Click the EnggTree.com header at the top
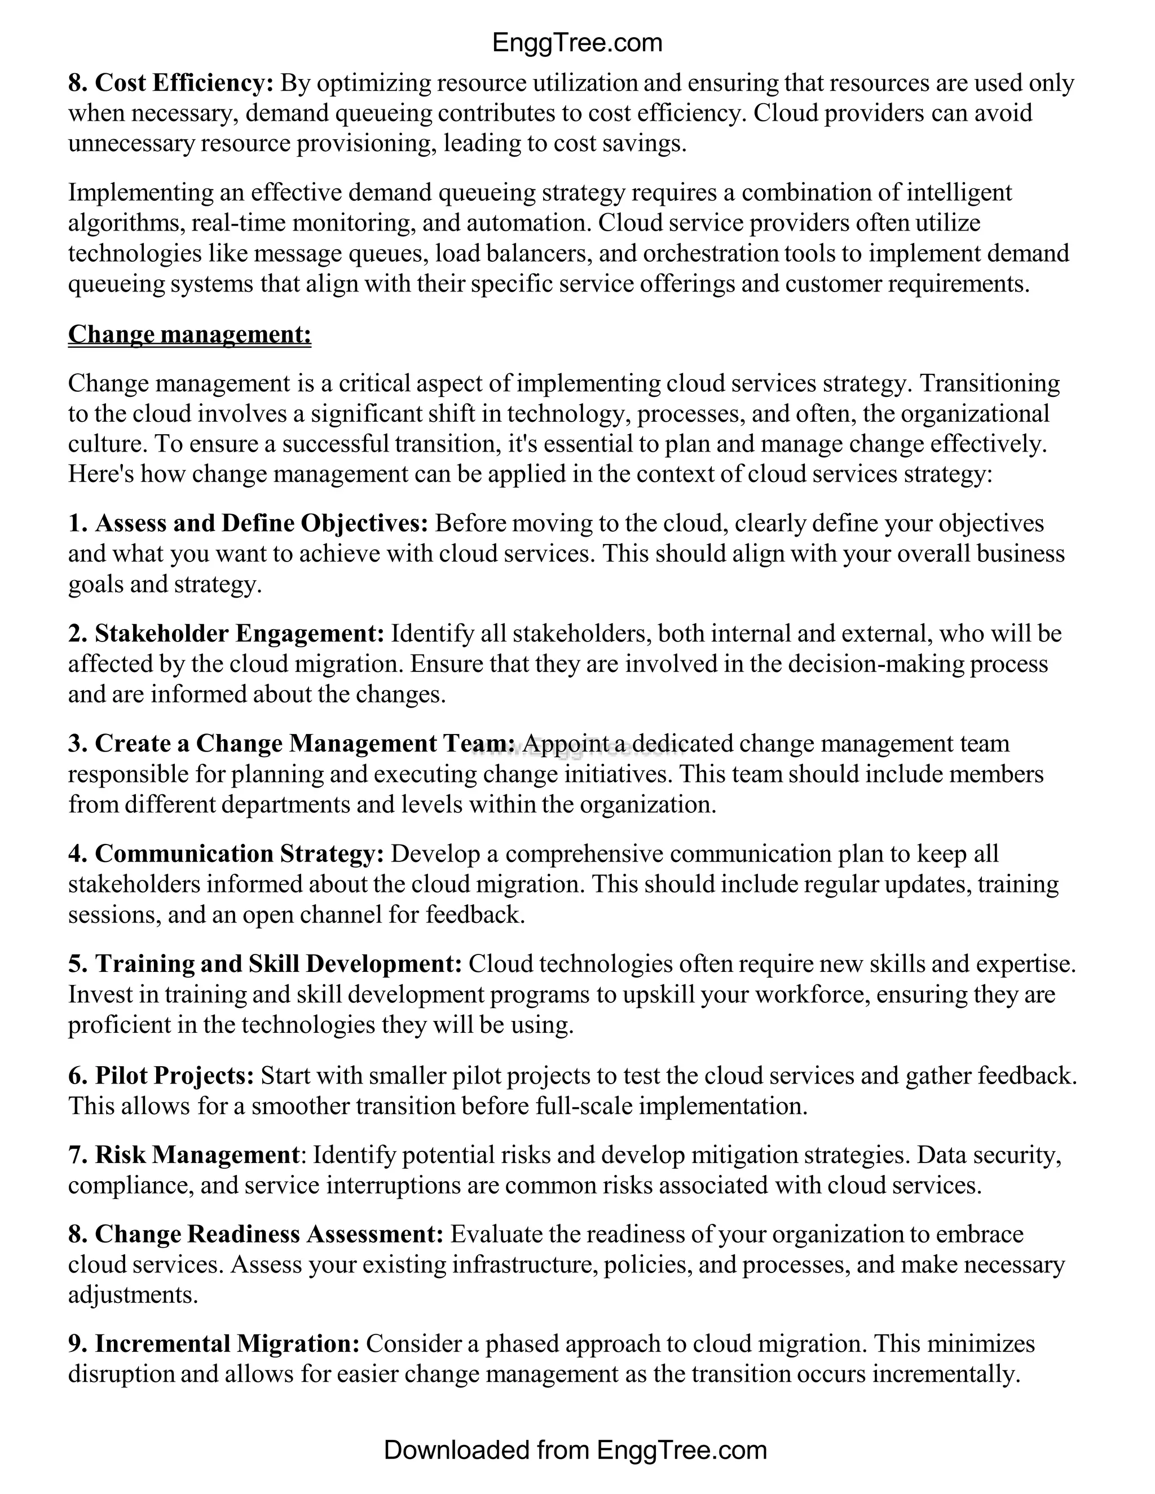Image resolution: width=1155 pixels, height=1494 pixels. coord(577,43)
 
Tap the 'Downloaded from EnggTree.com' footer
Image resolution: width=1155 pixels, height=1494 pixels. coord(575,1449)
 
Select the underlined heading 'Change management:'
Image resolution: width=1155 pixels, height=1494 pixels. coord(189,334)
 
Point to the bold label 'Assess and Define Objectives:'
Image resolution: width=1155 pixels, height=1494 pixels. coord(261,523)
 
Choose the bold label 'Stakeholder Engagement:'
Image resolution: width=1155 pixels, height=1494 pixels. coord(240,634)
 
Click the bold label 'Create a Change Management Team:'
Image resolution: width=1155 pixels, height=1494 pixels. coord(305,744)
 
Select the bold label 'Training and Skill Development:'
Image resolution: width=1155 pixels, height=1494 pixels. coord(279,964)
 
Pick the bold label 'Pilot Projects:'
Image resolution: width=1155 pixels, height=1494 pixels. coord(174,1075)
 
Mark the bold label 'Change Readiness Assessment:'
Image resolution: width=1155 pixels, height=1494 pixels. coord(270,1234)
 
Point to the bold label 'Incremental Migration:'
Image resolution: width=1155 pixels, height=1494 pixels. coord(227,1344)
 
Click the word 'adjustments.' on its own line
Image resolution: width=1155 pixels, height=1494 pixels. coord(133,1295)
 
